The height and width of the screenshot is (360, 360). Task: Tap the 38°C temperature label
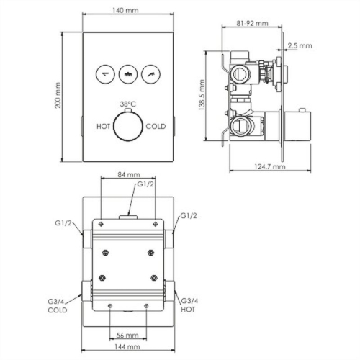pos(129,103)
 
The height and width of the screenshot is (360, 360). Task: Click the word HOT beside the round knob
pos(104,126)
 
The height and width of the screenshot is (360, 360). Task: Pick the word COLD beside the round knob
pos(156,126)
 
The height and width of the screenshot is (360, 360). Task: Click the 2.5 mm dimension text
pos(303,45)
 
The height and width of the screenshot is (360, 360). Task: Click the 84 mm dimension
pos(128,174)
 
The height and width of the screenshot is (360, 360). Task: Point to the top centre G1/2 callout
pos(146,186)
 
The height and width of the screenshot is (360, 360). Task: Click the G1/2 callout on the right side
pos(189,215)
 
